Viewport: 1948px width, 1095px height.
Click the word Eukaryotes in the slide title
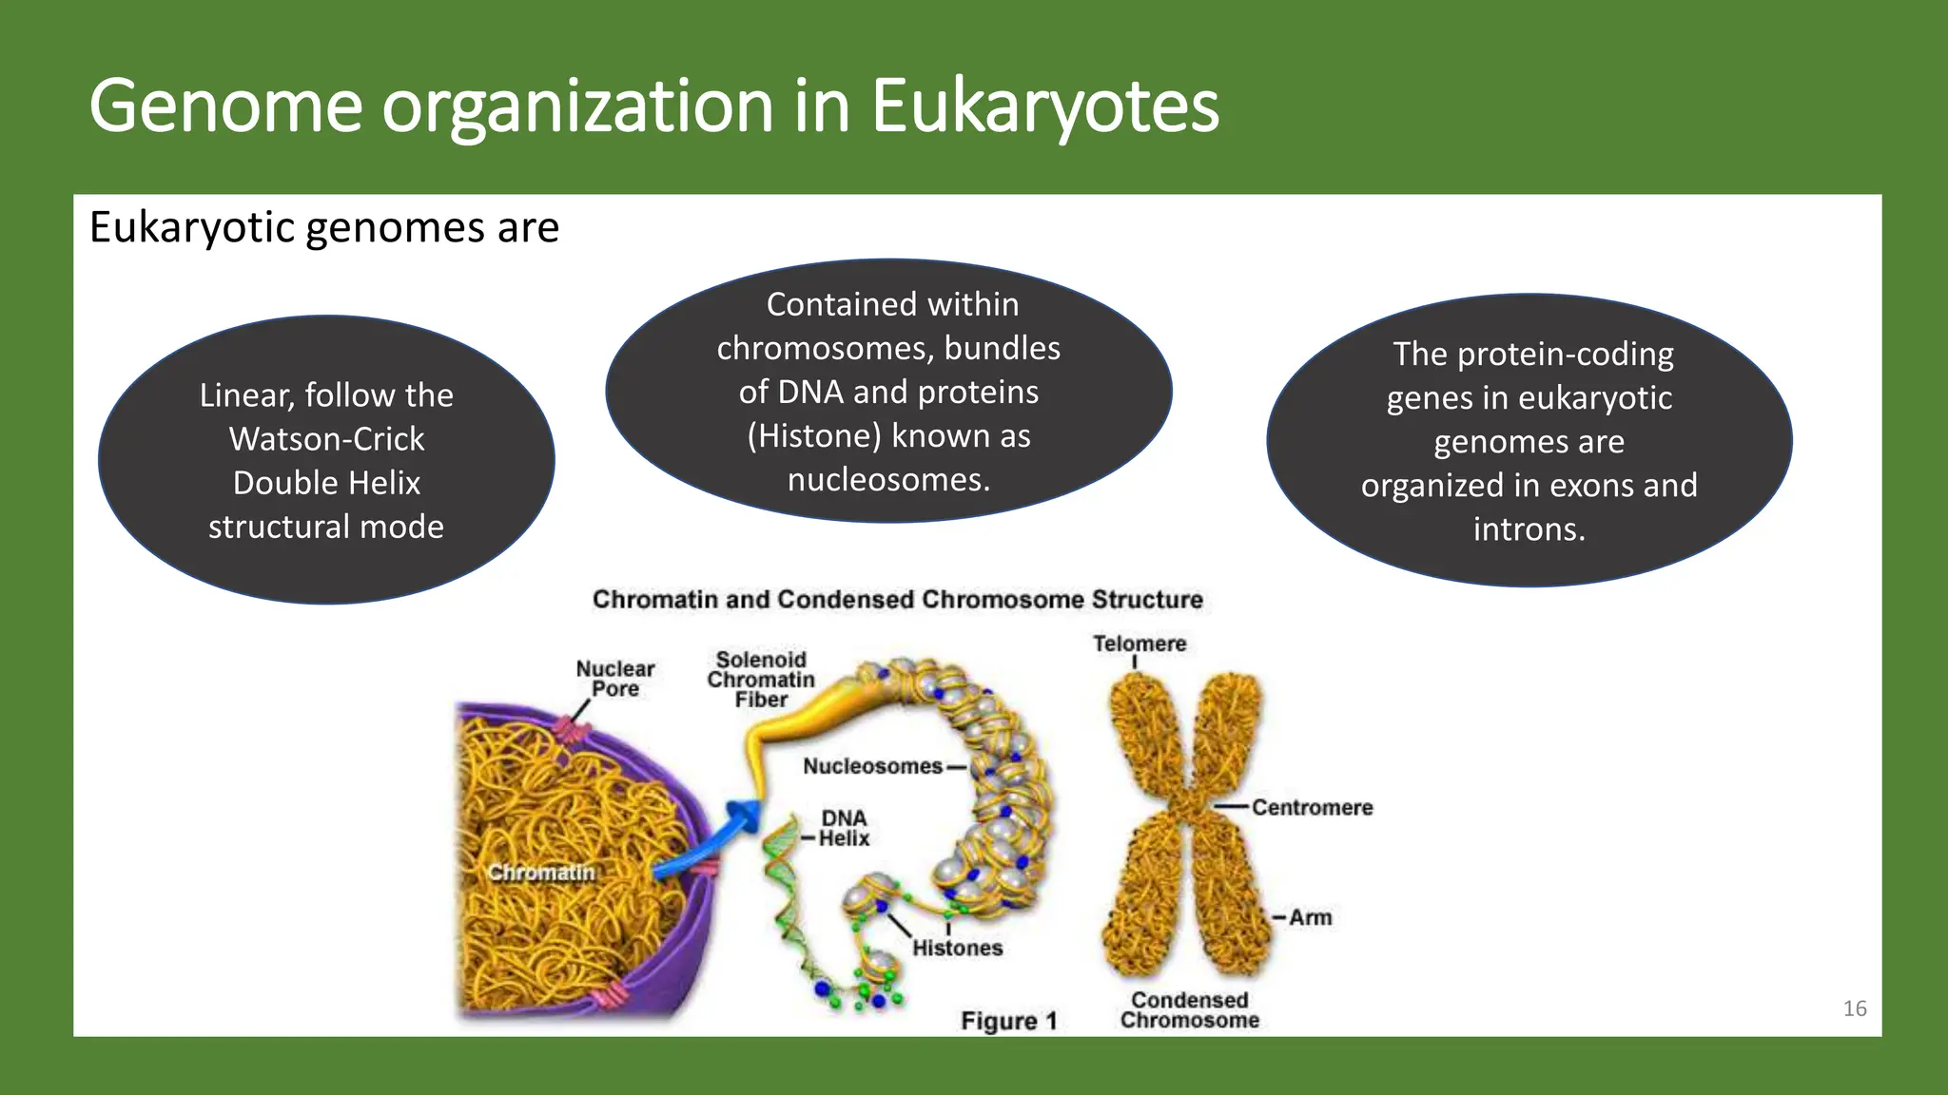coord(1044,106)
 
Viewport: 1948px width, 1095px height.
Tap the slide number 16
coord(1854,1009)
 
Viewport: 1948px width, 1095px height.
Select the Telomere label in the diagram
coord(1139,644)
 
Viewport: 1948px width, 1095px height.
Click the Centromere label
coord(1312,807)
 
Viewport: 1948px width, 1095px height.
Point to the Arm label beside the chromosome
coord(1310,917)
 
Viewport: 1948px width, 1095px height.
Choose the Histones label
coord(957,948)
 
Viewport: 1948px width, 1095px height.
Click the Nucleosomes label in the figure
coord(872,766)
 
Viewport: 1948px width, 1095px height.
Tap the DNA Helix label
coord(844,828)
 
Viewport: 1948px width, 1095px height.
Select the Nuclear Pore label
coord(615,679)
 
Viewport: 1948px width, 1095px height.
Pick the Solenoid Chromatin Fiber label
coord(761,680)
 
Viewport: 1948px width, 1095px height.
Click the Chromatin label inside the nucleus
coord(541,872)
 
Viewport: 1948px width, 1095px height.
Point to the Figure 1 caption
coord(1008,1021)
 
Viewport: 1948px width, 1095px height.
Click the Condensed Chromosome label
coord(1189,1009)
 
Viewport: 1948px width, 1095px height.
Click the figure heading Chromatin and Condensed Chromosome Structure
coord(897,600)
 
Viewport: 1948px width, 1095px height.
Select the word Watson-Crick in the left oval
coord(326,439)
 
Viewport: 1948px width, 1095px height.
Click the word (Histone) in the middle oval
coord(814,435)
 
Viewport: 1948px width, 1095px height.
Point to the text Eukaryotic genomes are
coord(323,228)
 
